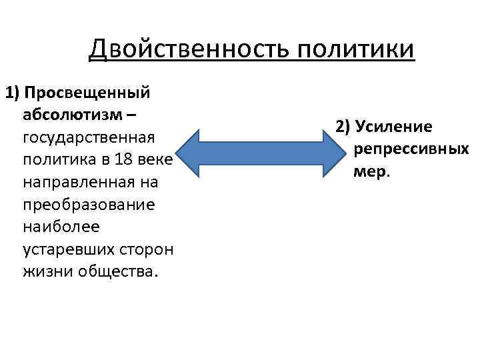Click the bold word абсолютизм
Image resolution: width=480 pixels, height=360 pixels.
point(73,114)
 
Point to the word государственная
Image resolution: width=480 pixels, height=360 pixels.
point(89,137)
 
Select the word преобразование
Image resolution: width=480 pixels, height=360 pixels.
point(89,205)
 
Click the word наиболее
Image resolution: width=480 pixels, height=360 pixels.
point(61,227)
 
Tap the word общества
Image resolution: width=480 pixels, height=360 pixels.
point(119,272)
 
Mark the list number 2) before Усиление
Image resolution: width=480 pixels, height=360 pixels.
point(343,127)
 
